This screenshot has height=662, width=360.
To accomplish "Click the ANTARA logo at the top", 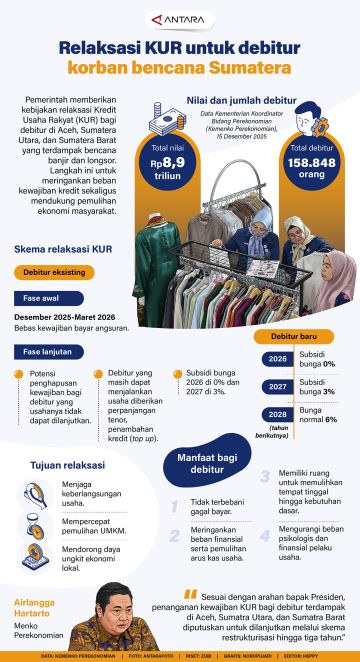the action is [x=179, y=17].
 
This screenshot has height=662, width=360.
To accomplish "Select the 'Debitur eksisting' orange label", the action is [x=55, y=272].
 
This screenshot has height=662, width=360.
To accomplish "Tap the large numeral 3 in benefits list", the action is [x=264, y=477].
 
